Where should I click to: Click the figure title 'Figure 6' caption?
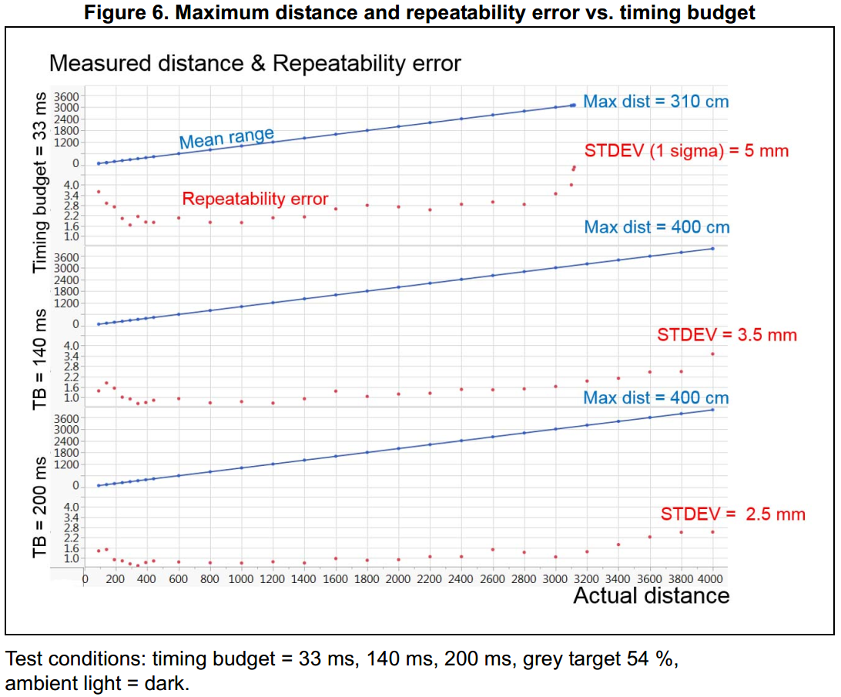pos(420,13)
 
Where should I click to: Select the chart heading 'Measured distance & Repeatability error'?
pos(255,63)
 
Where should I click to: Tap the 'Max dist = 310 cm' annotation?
pos(655,101)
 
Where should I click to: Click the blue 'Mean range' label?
pos(226,139)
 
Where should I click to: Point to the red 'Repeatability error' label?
pos(255,199)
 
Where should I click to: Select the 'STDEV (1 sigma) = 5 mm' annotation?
pos(686,150)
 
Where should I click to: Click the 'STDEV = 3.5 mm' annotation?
pos(726,334)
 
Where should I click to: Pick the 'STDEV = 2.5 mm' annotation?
pos(732,514)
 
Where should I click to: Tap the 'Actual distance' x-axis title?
pos(651,595)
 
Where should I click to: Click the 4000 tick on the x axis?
pos(712,578)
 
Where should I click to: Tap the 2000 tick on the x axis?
pos(398,578)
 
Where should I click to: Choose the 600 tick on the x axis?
pos(179,578)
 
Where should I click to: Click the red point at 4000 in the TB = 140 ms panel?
pos(712,354)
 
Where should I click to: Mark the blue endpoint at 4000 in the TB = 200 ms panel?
pos(712,410)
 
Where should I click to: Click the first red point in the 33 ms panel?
pos(99,191)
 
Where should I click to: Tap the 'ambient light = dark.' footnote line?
pos(96,683)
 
